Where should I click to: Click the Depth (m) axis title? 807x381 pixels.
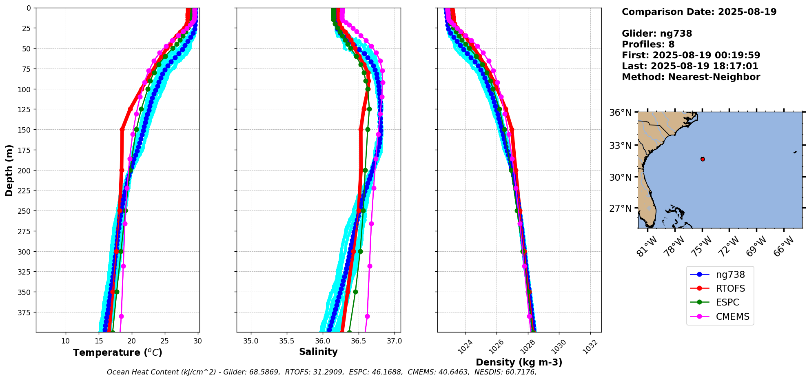(x=9, y=170)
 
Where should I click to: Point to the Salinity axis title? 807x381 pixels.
(x=318, y=352)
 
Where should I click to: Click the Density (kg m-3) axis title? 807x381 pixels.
(x=519, y=362)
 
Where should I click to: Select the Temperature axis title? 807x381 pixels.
(x=118, y=352)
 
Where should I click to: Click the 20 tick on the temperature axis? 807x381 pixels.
(x=131, y=341)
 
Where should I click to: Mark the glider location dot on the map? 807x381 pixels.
(x=703, y=159)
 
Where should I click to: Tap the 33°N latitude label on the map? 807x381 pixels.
(x=620, y=146)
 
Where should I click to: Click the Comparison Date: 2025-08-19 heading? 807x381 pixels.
(x=699, y=12)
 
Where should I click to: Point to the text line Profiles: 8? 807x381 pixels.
(x=648, y=44)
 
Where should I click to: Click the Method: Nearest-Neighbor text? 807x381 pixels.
(x=691, y=77)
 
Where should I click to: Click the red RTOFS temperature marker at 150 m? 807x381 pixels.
(x=122, y=130)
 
